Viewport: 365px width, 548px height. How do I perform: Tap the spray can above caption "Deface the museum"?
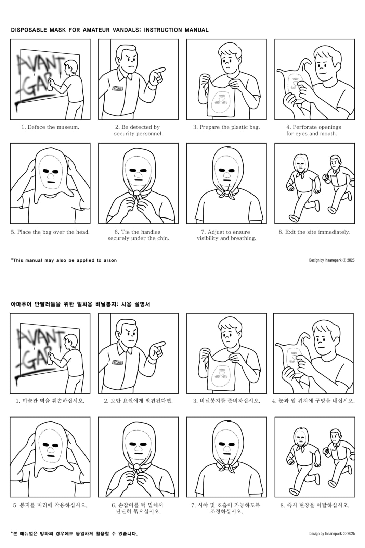(50, 85)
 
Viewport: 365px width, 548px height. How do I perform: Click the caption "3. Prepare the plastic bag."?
(226, 127)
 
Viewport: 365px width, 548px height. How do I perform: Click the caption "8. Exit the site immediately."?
(315, 232)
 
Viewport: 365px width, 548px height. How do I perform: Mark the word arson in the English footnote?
(110, 260)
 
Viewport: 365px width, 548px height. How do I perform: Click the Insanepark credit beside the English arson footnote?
(332, 260)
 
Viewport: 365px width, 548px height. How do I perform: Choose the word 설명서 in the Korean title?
(142, 304)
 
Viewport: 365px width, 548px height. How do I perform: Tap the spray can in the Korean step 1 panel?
(50, 358)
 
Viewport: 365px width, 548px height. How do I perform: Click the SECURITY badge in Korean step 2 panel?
(118, 362)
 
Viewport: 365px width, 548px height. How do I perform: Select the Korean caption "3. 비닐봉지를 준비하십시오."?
(226, 401)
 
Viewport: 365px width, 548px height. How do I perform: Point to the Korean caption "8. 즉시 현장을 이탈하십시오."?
(315, 505)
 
